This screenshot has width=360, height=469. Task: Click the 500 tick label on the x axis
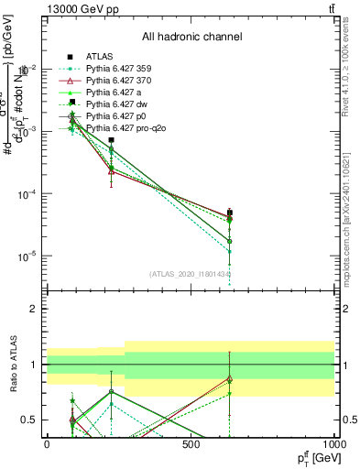tap(191, 444)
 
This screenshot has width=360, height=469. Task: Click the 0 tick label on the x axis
tap(47, 444)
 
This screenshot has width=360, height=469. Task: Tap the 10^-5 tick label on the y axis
tap(25, 256)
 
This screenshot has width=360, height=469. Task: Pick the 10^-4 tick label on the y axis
tap(25, 194)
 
